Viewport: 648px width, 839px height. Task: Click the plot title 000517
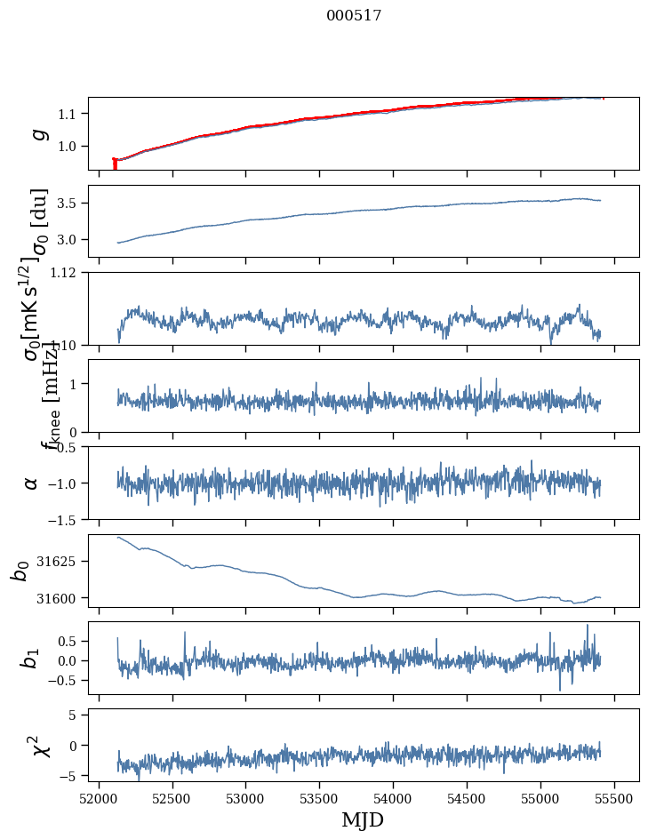click(x=354, y=15)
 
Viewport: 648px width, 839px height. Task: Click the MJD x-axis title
click(x=363, y=819)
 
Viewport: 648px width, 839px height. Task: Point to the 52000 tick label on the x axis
click(x=99, y=796)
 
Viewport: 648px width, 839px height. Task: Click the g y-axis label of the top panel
click(x=37, y=133)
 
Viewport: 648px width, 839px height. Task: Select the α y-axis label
click(x=32, y=483)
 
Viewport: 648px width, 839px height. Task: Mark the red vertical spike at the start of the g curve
click(x=115, y=164)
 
